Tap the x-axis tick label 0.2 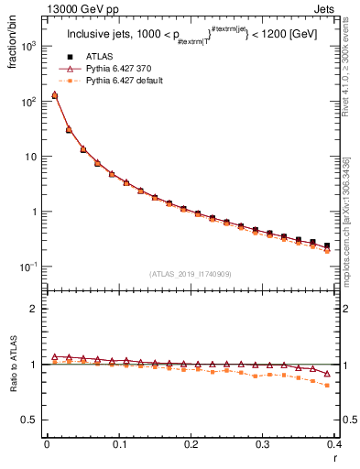click(191, 443)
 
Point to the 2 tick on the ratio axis click(33, 309)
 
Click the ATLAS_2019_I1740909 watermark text click(190, 274)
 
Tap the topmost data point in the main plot click(54, 94)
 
